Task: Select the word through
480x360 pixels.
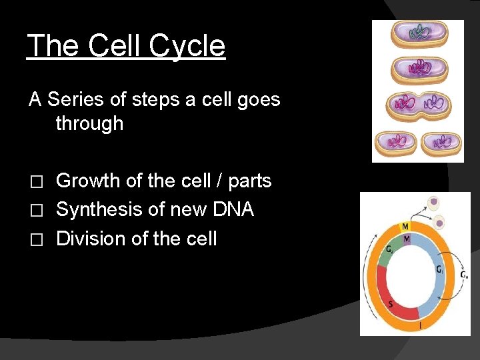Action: [89, 123]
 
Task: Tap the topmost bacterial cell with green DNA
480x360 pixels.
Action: [417, 36]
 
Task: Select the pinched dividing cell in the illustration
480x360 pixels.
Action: [417, 105]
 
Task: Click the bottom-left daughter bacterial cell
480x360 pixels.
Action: [397, 142]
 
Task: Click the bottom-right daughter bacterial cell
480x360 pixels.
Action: [439, 142]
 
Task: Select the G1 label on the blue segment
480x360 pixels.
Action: [439, 270]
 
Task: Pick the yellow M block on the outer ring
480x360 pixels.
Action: [405, 227]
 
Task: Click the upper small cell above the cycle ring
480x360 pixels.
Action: [434, 201]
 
